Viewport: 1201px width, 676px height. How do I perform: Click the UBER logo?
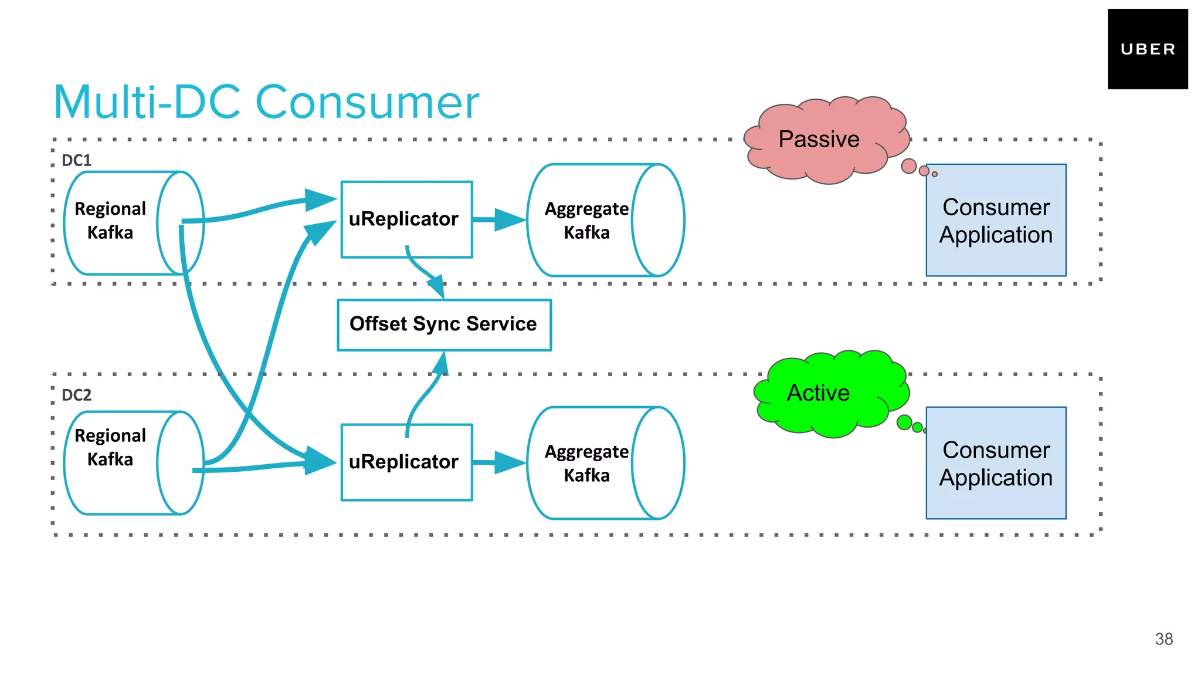tap(1147, 49)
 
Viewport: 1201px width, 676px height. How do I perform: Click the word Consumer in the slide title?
tap(367, 103)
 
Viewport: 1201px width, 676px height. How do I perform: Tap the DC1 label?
tap(76, 160)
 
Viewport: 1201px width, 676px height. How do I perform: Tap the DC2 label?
tap(76, 395)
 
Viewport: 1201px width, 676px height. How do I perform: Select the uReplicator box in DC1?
tap(406, 219)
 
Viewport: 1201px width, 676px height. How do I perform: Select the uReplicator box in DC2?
tap(406, 462)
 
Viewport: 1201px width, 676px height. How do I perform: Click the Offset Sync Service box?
tap(444, 325)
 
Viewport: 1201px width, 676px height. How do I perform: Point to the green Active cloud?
tap(827, 393)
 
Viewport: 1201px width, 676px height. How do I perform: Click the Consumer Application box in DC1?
tap(996, 220)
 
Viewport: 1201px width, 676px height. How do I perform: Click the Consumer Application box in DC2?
tap(996, 463)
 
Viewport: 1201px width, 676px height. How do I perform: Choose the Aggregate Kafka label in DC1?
tap(586, 220)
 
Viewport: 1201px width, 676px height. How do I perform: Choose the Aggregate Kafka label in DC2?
tap(586, 463)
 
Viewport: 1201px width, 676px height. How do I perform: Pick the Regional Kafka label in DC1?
tap(110, 220)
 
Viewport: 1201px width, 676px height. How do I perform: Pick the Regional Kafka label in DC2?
tap(110, 447)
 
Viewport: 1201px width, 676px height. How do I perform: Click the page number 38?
tap(1163, 639)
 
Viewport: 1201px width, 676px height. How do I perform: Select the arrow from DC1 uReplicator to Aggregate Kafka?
tap(499, 220)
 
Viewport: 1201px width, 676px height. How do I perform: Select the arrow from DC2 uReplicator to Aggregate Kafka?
tap(499, 463)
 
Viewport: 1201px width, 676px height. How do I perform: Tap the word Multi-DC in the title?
tap(147, 103)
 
